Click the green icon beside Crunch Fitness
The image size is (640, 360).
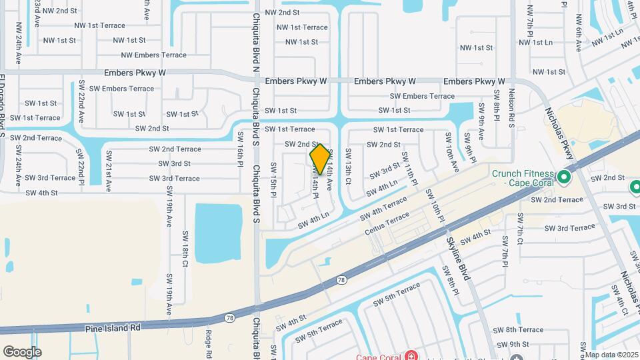pyautogui.click(x=564, y=177)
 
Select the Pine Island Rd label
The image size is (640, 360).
pyautogui.click(x=113, y=328)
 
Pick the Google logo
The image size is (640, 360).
pyautogui.click(x=22, y=351)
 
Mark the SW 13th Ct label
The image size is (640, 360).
pyautogui.click(x=347, y=167)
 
